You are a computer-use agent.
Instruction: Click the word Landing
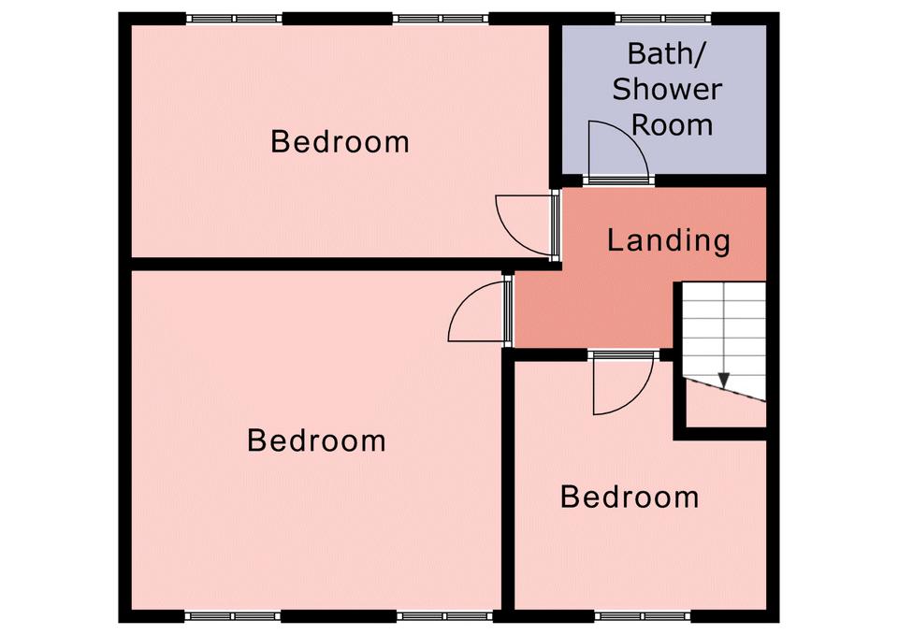click(668, 241)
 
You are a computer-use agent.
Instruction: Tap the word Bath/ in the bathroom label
click(668, 54)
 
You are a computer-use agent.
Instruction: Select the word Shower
click(667, 90)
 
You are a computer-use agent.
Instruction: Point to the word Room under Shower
click(673, 125)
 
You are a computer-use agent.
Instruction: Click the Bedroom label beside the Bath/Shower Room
click(340, 141)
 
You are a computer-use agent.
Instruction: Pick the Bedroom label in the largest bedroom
click(317, 440)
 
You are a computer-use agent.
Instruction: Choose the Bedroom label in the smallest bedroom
click(630, 497)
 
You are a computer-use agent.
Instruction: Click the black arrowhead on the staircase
click(724, 381)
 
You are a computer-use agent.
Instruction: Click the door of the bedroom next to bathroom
click(527, 225)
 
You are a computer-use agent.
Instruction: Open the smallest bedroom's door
click(623, 383)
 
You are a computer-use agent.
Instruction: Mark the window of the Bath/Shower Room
click(663, 19)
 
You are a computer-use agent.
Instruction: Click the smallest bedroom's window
click(644, 616)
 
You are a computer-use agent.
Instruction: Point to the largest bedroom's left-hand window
click(234, 616)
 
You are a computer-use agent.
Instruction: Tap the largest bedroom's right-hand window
click(444, 616)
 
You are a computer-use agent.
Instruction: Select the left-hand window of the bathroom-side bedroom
click(234, 19)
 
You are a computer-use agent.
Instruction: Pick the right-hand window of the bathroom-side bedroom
click(441, 19)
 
